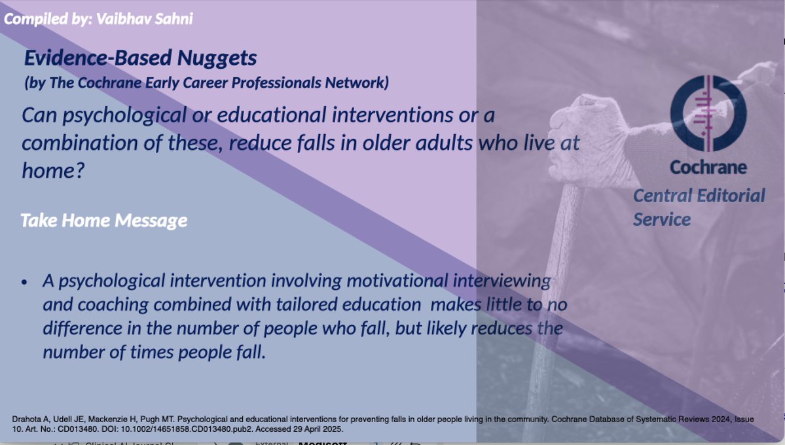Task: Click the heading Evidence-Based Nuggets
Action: [140, 58]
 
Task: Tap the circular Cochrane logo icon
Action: [708, 113]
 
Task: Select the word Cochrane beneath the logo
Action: [708, 168]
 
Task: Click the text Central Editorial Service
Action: [698, 207]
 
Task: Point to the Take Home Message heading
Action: [103, 221]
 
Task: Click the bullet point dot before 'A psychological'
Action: [25, 282]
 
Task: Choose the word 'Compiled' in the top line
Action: [30, 18]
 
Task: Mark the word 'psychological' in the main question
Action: [111, 115]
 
